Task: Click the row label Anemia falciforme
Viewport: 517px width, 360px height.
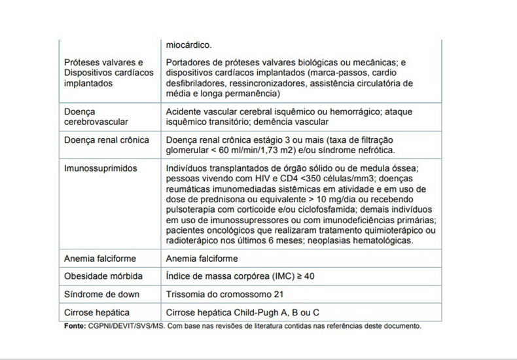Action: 100,259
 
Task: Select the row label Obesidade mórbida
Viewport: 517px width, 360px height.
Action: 103,276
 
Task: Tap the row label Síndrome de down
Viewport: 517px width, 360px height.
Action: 101,295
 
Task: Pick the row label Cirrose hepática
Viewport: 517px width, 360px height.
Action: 96,312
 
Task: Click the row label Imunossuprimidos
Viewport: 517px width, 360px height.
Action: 100,168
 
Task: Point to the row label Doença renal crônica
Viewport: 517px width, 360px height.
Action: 106,140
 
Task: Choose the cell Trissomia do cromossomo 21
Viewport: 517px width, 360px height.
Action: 224,295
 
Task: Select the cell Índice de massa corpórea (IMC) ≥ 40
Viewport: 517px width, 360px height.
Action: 240,276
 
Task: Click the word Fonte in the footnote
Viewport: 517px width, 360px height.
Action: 75,325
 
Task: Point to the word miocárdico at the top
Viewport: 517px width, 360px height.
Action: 188,45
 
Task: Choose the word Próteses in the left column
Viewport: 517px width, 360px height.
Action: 82,62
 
